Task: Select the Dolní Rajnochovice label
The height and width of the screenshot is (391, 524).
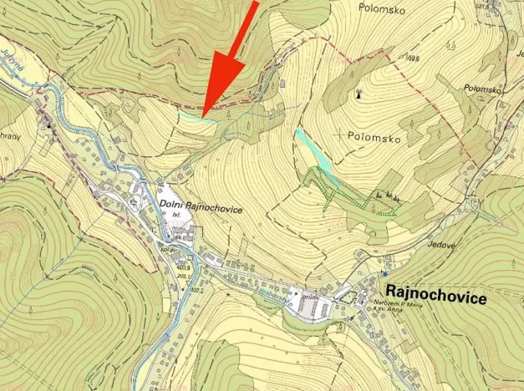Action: point(200,210)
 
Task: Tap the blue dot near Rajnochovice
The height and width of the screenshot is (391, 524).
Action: point(384,273)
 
